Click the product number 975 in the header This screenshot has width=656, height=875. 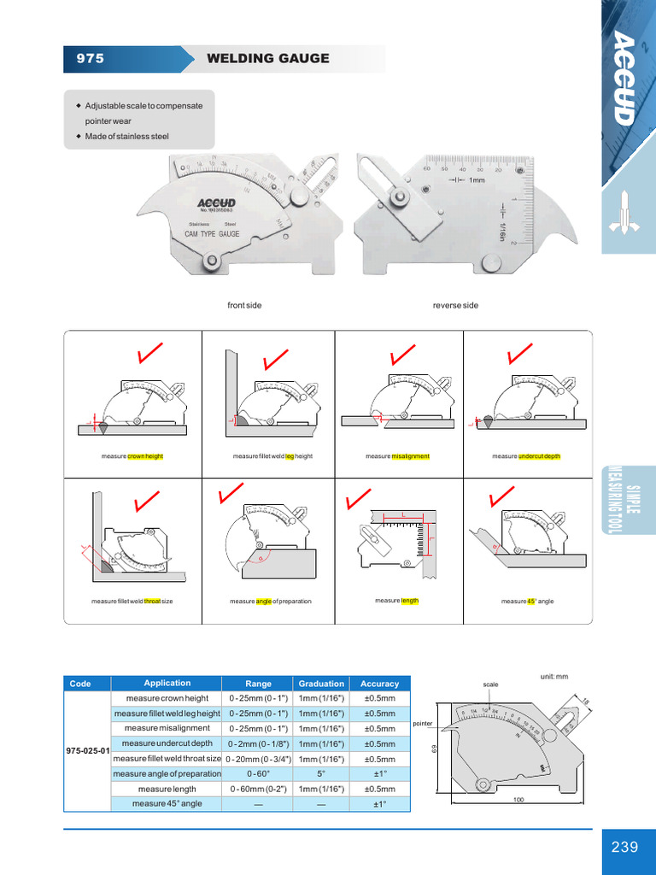91,59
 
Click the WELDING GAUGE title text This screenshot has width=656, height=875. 267,59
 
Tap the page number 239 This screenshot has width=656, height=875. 624,847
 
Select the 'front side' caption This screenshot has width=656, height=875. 244,305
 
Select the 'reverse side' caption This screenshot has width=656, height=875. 455,305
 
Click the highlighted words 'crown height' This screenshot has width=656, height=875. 145,456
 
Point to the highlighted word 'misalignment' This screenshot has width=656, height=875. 411,456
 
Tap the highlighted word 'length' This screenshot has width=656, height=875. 410,601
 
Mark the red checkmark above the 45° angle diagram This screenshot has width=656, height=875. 501,496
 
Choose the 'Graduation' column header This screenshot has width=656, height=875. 321,684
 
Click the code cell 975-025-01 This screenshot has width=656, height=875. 89,750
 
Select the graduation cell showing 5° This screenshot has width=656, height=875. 321,774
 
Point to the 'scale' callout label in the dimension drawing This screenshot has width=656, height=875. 490,684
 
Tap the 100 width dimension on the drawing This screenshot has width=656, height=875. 518,800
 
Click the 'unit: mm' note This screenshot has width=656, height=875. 554,676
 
